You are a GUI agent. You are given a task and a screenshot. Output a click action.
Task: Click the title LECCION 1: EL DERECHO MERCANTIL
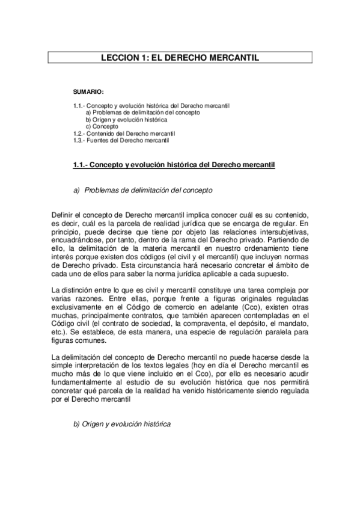[x=180, y=58]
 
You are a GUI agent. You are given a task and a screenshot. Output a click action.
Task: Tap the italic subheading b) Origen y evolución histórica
[x=121, y=424]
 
